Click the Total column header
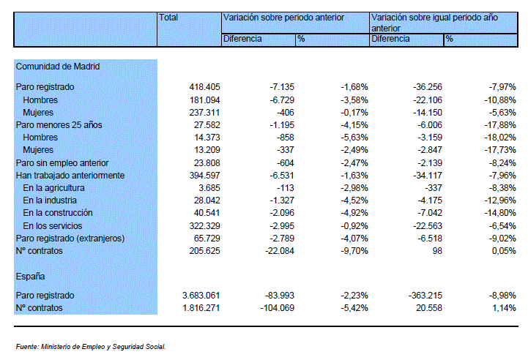pyautogui.click(x=168, y=18)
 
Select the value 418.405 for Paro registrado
pyautogui.click(x=204, y=87)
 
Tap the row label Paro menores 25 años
pyautogui.click(x=59, y=125)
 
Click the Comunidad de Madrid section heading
pyautogui.click(x=58, y=67)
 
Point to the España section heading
pyautogui.click(x=30, y=277)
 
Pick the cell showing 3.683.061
pyautogui.click(x=201, y=296)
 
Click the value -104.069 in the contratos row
pyautogui.click(x=277, y=308)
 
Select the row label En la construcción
pyautogui.click(x=58, y=213)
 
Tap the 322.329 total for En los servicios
pyautogui.click(x=204, y=226)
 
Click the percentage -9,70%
pyautogui.click(x=354, y=251)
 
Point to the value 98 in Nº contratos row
pyautogui.click(x=437, y=251)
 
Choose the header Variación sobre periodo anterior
pyautogui.click(x=283, y=18)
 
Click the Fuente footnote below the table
pyautogui.click(x=91, y=347)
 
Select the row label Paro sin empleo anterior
pyautogui.click(x=62, y=163)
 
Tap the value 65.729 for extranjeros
pyautogui.click(x=207, y=239)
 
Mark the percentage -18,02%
pyautogui.click(x=500, y=138)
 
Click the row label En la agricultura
pyautogui.click(x=53, y=188)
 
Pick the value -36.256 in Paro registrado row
pyautogui.click(x=428, y=87)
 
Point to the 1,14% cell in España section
pyautogui.click(x=504, y=308)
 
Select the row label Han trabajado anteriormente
pyautogui.click(x=70, y=176)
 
